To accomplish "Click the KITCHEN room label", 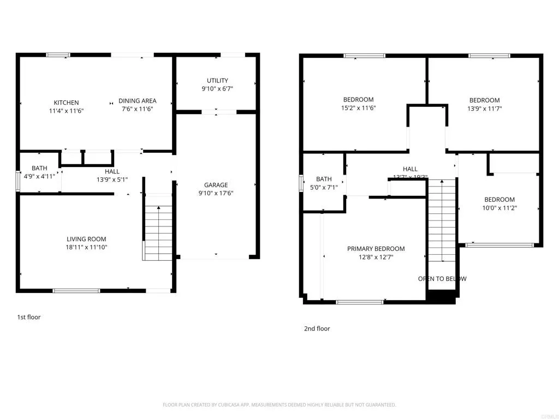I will click(66, 103).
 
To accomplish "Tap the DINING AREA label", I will click(138, 101).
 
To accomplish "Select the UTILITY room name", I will click(217, 81).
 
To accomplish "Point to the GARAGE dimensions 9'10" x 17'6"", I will click(216, 193).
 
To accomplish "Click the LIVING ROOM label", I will click(86, 239).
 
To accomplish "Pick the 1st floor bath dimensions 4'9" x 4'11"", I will click(39, 176).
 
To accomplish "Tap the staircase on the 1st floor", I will click(158, 232).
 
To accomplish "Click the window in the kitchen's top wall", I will click(58, 55).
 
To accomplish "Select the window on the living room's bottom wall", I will click(76, 290).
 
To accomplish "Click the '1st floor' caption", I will click(28, 317).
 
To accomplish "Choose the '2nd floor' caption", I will click(317, 328).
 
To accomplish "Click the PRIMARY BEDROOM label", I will click(376, 249).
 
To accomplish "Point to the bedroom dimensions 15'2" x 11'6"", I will click(358, 108).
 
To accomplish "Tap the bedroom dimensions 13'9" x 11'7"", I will click(484, 109).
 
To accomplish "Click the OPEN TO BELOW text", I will click(442, 279).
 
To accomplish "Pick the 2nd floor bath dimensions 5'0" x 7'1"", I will click(324, 188).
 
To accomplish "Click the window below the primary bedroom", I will click(360, 301).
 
